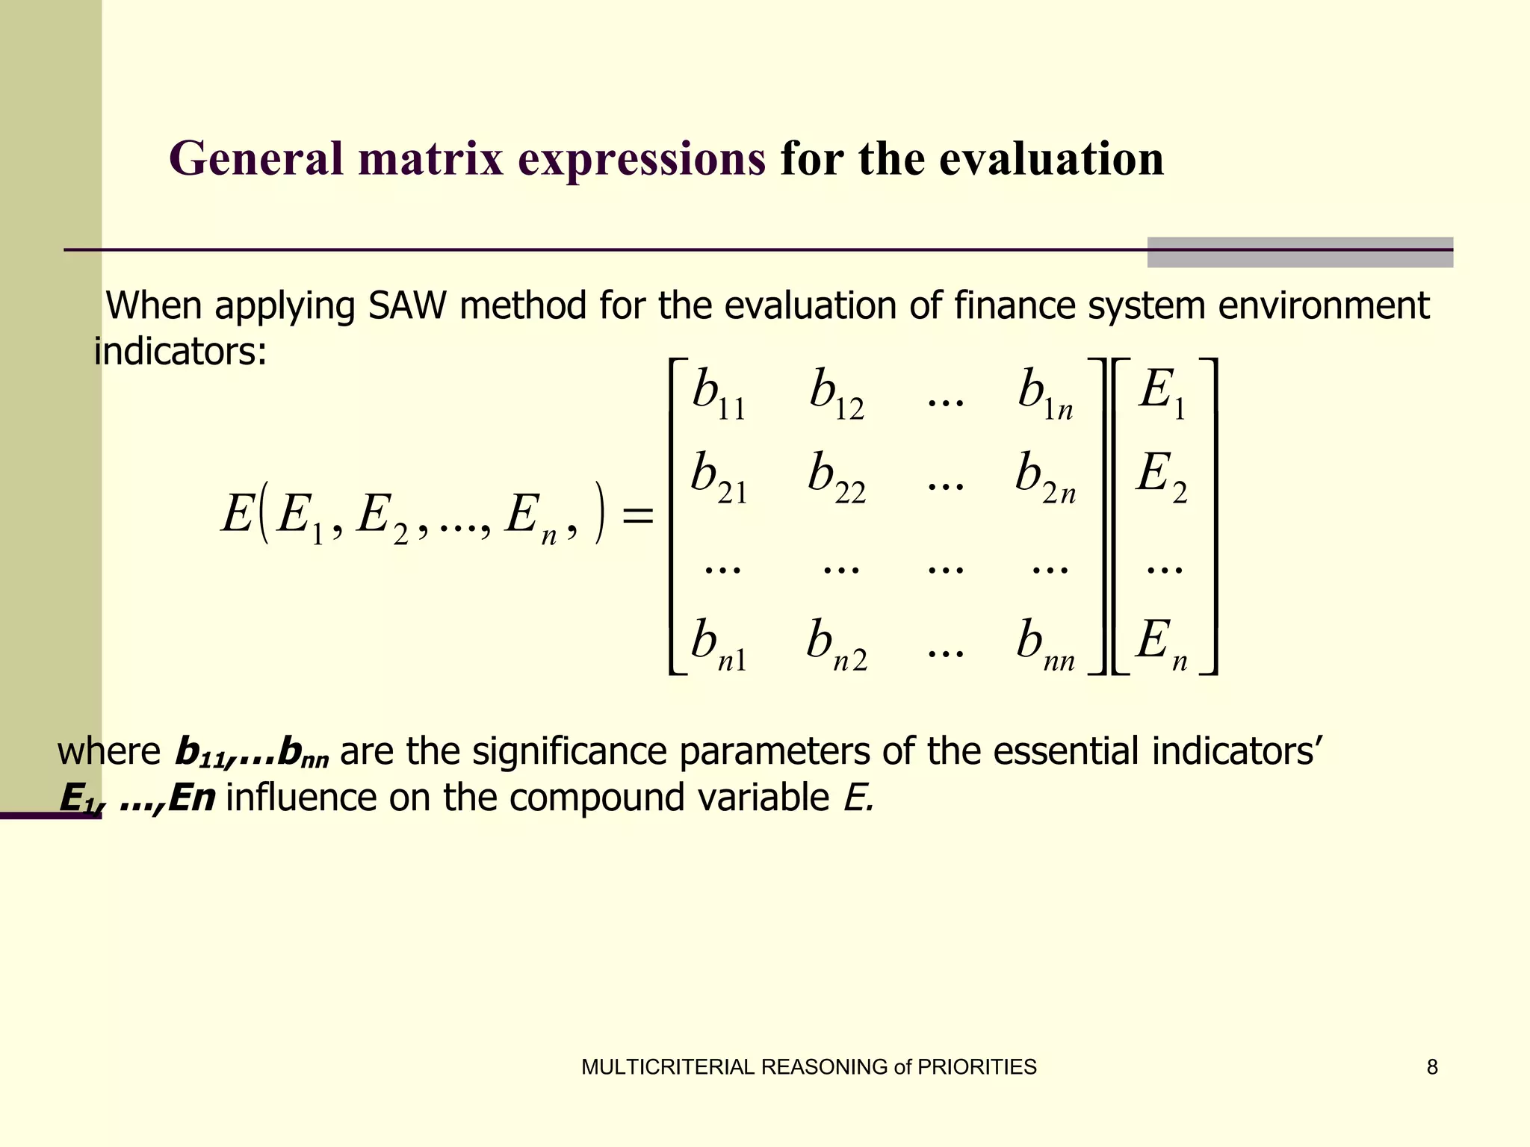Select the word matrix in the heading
click(431, 160)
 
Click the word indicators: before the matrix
click(180, 351)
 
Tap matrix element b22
click(836, 479)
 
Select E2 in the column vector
click(1161, 479)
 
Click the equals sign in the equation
click(637, 515)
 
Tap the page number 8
click(1431, 1067)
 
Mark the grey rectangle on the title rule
click(1299, 252)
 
